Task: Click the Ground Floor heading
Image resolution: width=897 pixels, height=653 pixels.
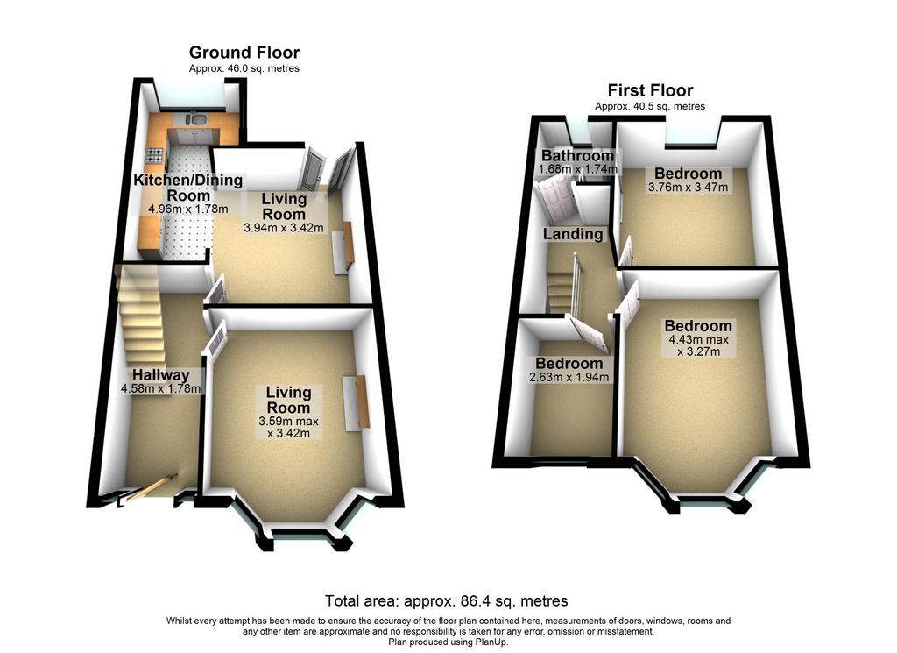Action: click(x=244, y=53)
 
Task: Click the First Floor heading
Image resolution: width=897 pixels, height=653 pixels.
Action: click(x=651, y=90)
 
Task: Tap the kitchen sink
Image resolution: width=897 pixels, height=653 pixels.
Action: click(x=197, y=119)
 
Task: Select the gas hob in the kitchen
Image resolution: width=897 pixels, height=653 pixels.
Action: click(x=156, y=154)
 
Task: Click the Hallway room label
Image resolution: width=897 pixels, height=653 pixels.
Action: click(x=161, y=375)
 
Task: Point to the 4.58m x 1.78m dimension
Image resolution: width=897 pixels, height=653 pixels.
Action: click(x=161, y=389)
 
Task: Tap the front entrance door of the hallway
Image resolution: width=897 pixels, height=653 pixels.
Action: click(x=152, y=488)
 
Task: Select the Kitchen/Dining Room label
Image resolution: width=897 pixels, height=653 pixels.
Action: click(x=188, y=188)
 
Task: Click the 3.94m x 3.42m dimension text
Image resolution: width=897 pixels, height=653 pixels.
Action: click(x=284, y=228)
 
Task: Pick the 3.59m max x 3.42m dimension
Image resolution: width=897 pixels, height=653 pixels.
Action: click(x=289, y=428)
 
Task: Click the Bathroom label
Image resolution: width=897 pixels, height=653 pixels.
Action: click(x=578, y=156)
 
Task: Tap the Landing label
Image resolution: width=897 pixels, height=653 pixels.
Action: click(x=573, y=234)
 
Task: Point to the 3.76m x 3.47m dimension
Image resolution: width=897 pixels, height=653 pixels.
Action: click(x=689, y=188)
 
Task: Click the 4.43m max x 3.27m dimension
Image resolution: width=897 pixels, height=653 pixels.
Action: click(x=698, y=345)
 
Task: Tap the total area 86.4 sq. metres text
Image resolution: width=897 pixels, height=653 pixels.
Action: click(x=446, y=601)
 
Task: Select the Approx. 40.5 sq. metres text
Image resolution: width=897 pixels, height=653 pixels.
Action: click(x=650, y=106)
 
